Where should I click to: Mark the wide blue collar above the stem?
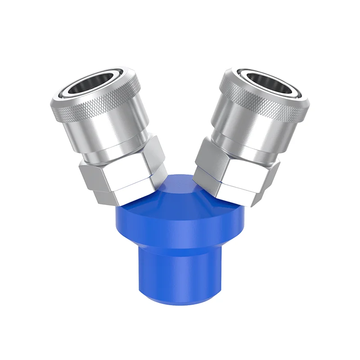tap(180, 225)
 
